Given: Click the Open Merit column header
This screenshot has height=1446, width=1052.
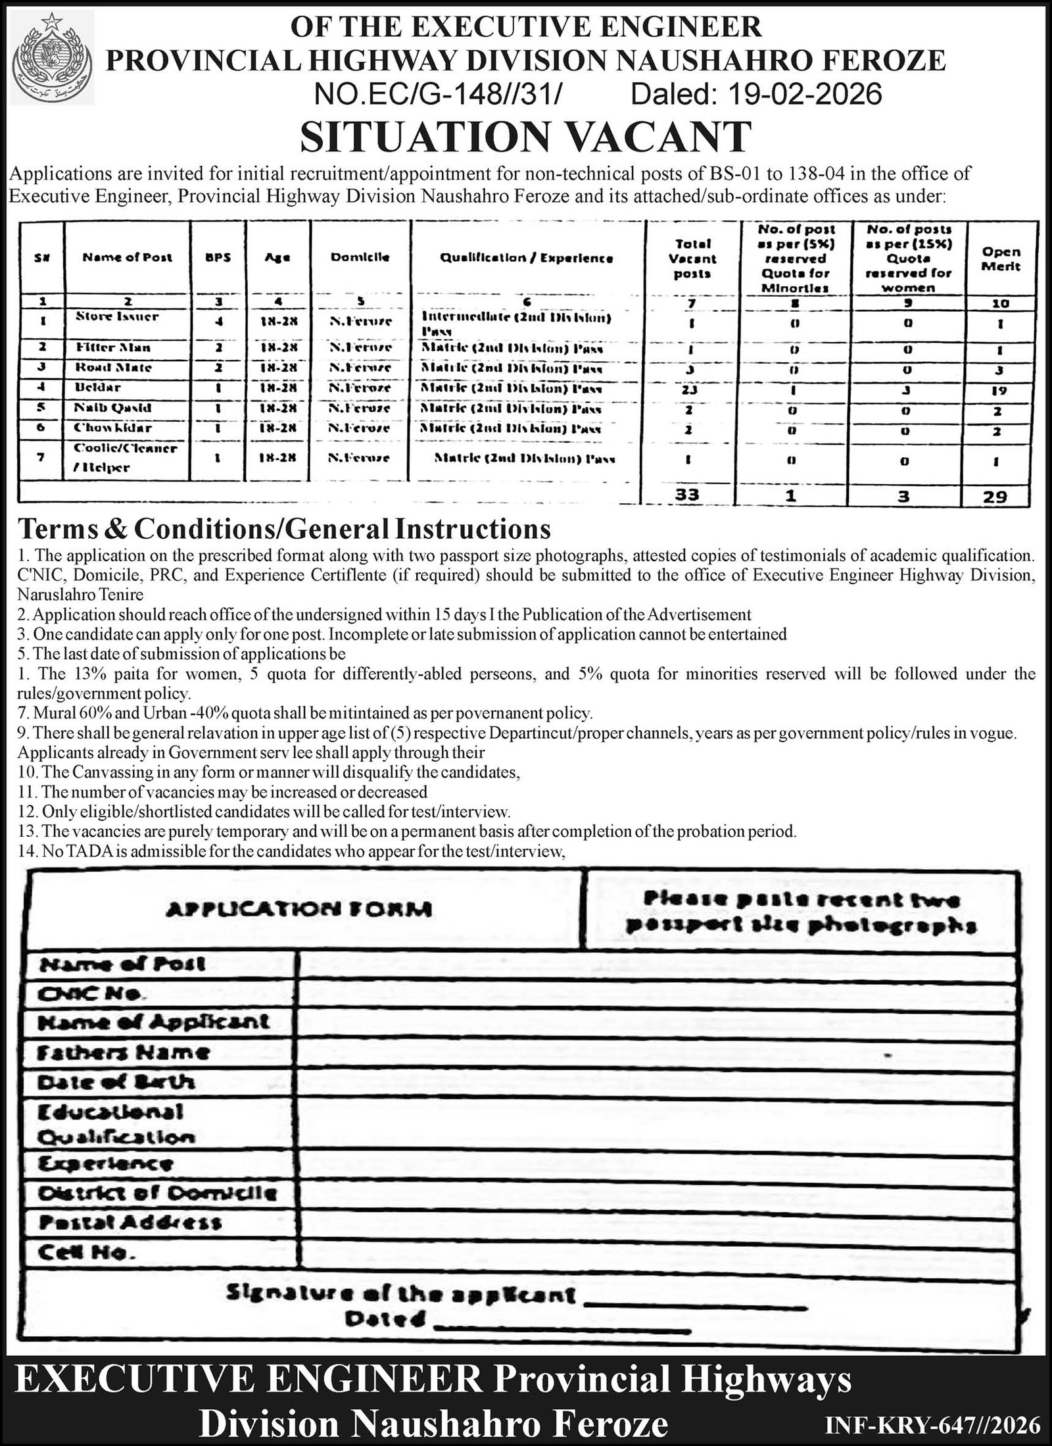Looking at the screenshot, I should [1001, 259].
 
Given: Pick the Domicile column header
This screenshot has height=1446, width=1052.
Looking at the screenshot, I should [360, 257].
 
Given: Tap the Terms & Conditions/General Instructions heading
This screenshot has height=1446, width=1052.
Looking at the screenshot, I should [284, 529].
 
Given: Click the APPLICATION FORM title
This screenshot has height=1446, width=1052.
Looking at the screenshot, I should [299, 909].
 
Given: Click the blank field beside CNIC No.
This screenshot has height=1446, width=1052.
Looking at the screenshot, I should [654, 994].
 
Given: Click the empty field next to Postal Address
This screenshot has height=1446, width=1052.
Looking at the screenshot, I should [654, 1222].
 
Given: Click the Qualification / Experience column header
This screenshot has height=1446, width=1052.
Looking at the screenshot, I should [526, 259].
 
